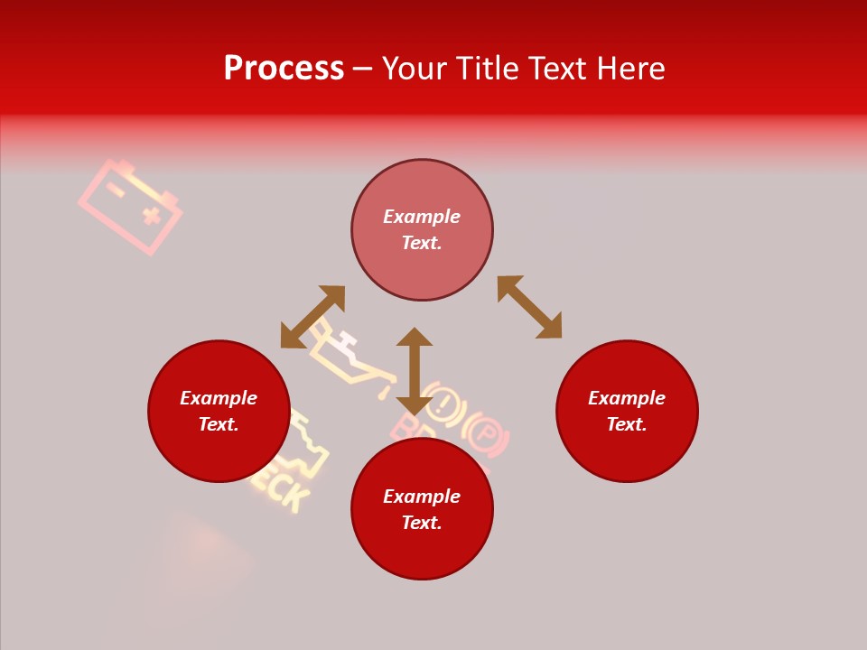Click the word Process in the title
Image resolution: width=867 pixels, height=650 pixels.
[284, 69]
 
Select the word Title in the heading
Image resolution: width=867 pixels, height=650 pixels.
[485, 69]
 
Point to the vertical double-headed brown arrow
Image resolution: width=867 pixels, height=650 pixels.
[415, 370]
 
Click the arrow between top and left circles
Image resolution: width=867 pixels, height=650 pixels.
[312, 316]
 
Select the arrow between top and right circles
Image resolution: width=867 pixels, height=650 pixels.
[530, 307]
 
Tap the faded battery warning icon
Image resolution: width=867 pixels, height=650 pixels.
[130, 207]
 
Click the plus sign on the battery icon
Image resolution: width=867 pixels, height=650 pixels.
[152, 215]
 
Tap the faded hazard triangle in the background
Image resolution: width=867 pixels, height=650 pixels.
[203, 551]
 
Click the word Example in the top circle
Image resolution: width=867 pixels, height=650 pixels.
[422, 217]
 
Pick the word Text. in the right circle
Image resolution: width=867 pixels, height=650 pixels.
[627, 424]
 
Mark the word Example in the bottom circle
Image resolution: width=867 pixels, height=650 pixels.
[422, 497]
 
